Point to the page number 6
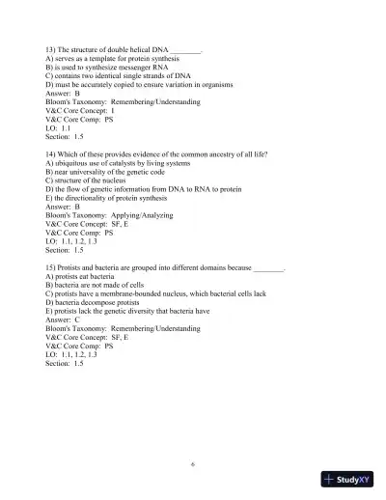coord(193,464)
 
